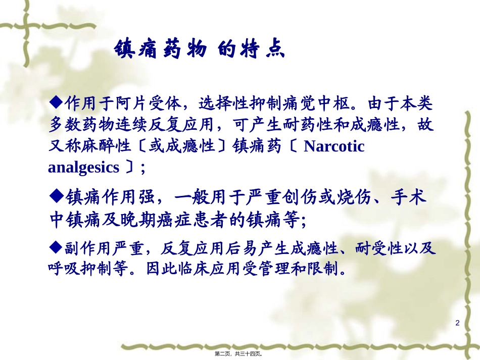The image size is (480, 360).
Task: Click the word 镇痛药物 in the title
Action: [160, 50]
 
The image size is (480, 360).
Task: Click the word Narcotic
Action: [334, 146]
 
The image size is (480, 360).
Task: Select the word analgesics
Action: [83, 167]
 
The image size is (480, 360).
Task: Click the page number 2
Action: [458, 323]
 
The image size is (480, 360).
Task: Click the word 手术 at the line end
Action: [411, 197]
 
